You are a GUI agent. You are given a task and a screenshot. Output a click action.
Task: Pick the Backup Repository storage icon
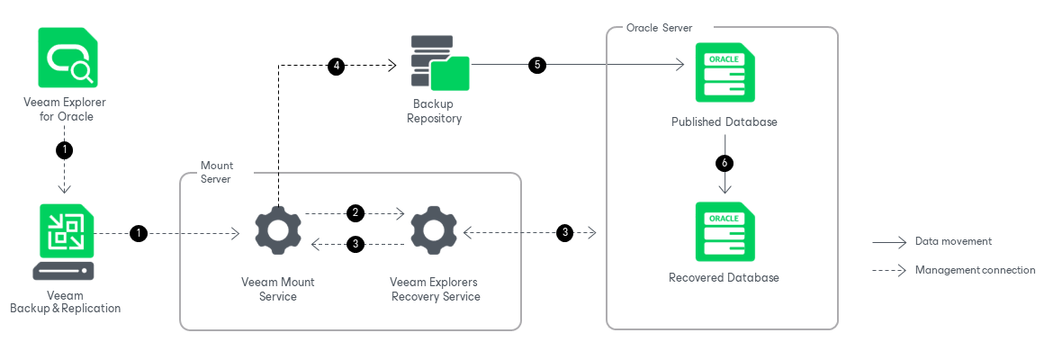point(439,63)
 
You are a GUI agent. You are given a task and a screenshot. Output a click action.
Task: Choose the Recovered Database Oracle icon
point(724,232)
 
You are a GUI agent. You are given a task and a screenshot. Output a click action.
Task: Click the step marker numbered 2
point(355,213)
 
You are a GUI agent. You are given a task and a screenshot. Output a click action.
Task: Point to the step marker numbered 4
point(336,66)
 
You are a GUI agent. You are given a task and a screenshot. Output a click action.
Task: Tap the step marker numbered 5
point(537,66)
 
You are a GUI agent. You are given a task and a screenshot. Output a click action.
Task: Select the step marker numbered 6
point(724,163)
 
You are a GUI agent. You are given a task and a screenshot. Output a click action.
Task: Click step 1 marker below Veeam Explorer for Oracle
point(65,149)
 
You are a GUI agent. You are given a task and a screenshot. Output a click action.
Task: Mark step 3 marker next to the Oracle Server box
point(564,232)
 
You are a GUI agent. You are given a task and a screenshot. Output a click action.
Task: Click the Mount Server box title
point(216,172)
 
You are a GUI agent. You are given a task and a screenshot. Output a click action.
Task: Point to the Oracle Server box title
point(659,28)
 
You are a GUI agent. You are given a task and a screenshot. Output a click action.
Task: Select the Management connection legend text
point(975,269)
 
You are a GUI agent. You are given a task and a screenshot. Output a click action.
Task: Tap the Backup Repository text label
point(434,112)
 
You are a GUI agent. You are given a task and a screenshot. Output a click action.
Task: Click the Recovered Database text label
point(724,277)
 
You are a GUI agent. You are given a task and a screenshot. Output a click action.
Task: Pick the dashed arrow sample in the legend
point(888,269)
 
